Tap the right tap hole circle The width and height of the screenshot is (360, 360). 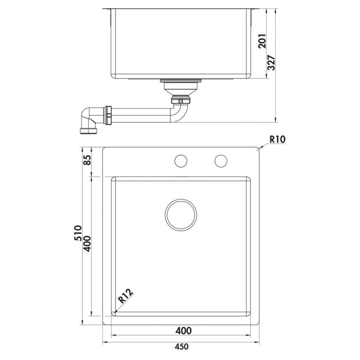(220, 161)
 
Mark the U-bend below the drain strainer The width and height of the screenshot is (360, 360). (179, 110)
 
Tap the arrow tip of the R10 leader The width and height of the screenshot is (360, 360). (259, 148)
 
